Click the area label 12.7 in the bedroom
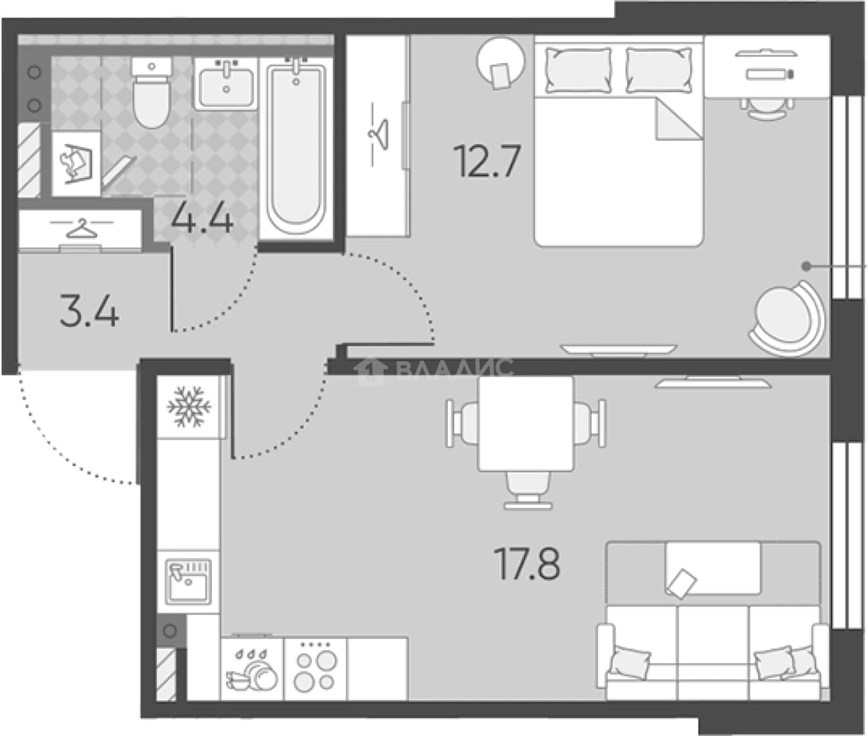tap(487, 161)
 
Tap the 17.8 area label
tap(527, 564)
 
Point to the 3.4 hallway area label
tap(89, 311)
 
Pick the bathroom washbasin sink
tap(226, 84)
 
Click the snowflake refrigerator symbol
tap(189, 406)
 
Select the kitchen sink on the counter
tap(188, 582)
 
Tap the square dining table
tap(526, 423)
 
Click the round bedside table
tap(500, 62)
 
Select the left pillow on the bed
tap(578, 70)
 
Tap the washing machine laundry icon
tap(76, 163)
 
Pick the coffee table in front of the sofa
tap(713, 568)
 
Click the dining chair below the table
tap(528, 490)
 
